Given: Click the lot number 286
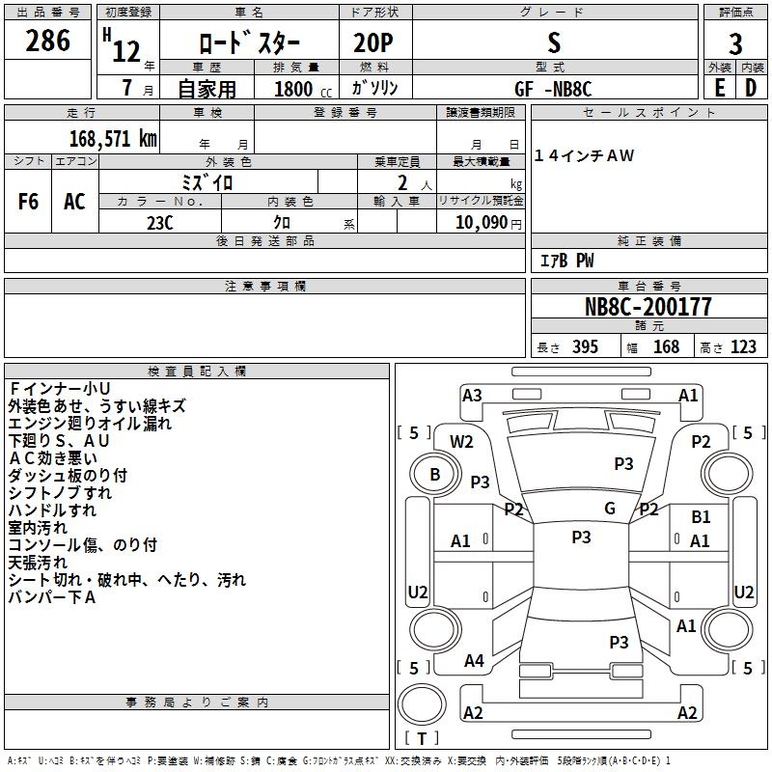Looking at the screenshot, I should (47, 41).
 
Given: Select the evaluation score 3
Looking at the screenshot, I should (735, 43).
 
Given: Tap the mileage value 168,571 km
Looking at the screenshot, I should (113, 138).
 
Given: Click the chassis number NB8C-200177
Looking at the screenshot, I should (648, 307).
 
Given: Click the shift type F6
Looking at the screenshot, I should (28, 202).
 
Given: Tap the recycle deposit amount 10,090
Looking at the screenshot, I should (481, 223).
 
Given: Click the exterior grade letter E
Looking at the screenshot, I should (720, 88).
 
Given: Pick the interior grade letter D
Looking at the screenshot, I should (751, 88).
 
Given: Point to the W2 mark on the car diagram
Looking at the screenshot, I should (462, 442).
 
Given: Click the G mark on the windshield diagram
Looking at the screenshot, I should (610, 509).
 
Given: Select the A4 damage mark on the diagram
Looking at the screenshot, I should (474, 661).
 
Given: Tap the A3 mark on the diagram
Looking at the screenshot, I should (472, 395).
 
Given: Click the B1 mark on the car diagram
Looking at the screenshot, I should (701, 518).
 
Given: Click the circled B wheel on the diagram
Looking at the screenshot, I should (434, 475).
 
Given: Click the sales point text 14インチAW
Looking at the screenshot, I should (585, 156).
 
